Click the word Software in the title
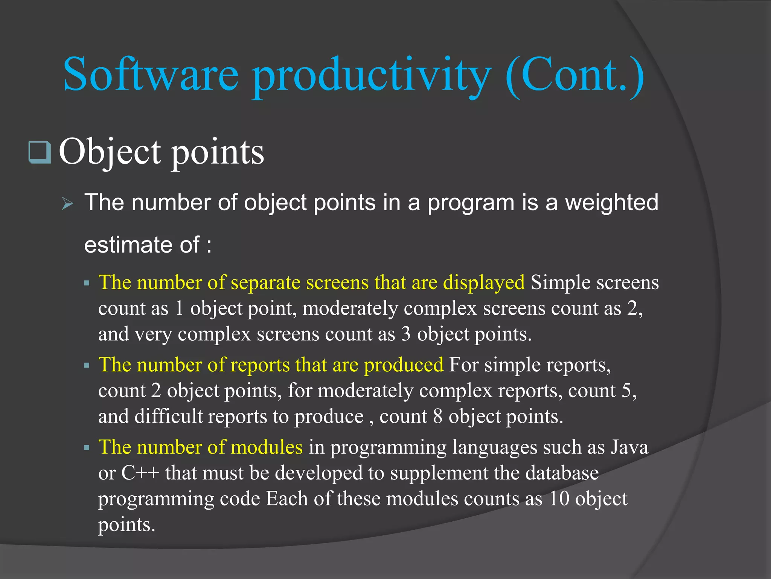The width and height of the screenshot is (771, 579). click(x=151, y=74)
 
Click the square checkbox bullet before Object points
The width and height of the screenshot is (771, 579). click(x=40, y=152)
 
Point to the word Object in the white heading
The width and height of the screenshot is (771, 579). click(x=110, y=152)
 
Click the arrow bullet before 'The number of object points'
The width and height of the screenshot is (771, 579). click(x=68, y=204)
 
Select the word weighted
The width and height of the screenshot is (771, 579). click(x=612, y=203)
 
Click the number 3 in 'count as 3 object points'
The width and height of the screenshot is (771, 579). click(x=405, y=334)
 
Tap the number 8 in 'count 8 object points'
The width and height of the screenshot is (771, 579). click(x=437, y=417)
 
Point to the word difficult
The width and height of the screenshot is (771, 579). click(x=168, y=417)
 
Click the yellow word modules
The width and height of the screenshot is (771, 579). click(x=266, y=447)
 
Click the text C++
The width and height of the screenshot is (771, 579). click(x=140, y=473)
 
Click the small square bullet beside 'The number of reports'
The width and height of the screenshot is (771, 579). click(x=87, y=365)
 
